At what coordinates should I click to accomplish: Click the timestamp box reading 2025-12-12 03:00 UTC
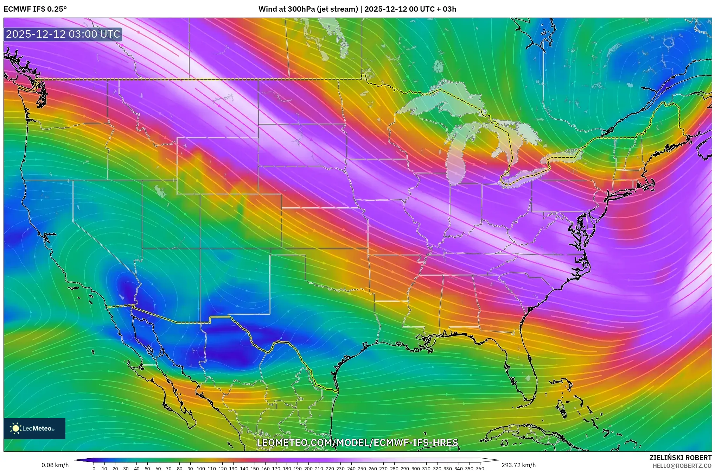[x=63, y=34]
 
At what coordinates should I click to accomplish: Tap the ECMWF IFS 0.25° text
[x=35, y=9]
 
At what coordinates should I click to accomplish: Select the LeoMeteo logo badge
[x=34, y=428]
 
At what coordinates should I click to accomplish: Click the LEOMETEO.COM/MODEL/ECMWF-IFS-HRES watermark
[x=357, y=442]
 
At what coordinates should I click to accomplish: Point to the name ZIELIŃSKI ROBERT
[x=680, y=458]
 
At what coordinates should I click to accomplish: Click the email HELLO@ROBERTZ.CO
[x=682, y=465]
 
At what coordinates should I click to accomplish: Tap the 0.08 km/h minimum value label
[x=55, y=465]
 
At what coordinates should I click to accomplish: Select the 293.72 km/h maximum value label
[x=518, y=465]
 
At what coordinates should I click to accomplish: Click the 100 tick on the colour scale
[x=201, y=469]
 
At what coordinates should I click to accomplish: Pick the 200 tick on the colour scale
[x=308, y=469]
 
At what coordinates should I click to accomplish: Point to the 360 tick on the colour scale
[x=480, y=469]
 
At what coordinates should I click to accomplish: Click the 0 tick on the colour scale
[x=94, y=469]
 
